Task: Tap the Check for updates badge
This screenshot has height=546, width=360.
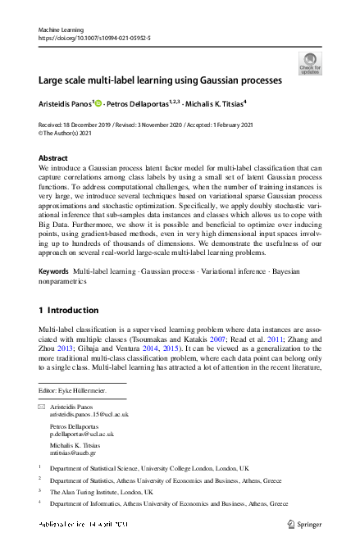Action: click(310, 63)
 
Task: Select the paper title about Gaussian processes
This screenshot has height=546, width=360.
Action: click(160, 80)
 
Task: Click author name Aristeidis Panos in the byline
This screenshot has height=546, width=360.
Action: click(67, 104)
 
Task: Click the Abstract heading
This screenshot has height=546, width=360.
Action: click(54, 157)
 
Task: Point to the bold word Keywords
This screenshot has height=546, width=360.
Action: click(54, 270)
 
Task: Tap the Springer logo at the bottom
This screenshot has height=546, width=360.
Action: click(304, 524)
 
